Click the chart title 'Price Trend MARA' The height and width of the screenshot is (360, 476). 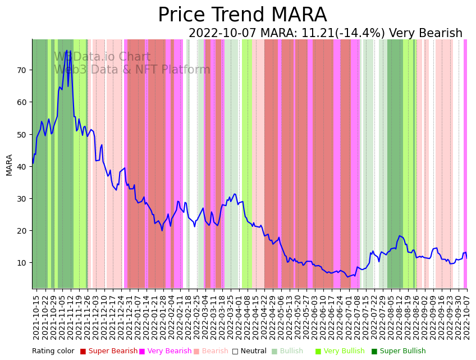tap(242, 15)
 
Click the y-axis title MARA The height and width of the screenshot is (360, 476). tap(9, 165)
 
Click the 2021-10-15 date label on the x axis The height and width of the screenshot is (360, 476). tap(36, 317)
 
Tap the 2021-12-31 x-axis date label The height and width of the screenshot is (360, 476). tap(128, 317)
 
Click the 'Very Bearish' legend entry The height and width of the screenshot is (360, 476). tap(169, 352)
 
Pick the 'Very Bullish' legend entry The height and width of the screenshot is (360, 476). tap(344, 352)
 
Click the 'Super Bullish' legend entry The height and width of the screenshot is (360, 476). tap(402, 352)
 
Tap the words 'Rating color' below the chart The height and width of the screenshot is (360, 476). tap(53, 352)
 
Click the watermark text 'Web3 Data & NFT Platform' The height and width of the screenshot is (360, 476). tap(132, 70)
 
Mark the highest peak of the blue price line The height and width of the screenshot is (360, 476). tap(66, 51)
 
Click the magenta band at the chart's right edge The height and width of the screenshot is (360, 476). tap(465, 163)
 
